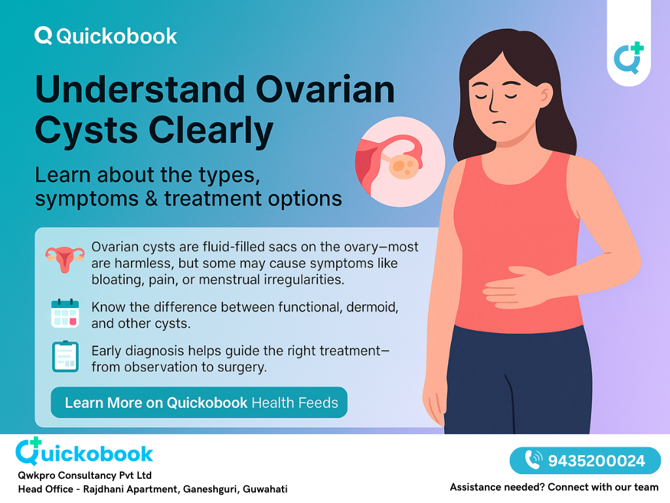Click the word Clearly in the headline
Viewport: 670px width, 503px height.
(x=211, y=130)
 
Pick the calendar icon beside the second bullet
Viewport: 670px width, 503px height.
(x=65, y=313)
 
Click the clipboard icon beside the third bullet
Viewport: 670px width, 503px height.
(x=65, y=357)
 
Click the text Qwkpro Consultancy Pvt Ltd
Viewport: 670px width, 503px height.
(x=85, y=475)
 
